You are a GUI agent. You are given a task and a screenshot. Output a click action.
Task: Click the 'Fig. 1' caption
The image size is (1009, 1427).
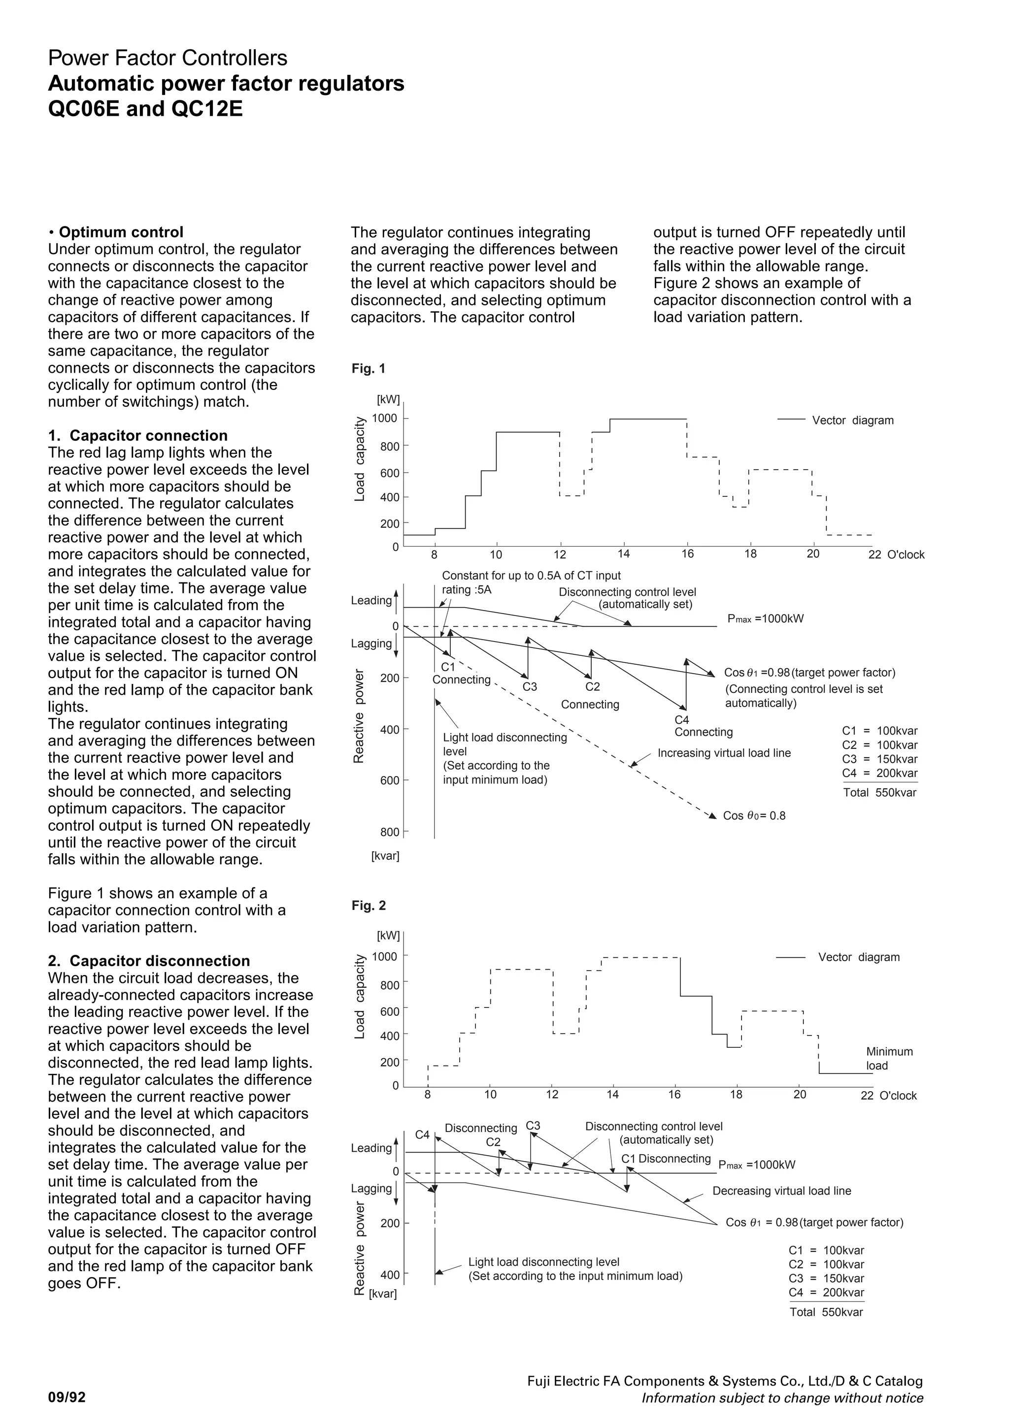tap(368, 368)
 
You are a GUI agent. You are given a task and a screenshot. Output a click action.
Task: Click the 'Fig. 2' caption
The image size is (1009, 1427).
tap(368, 906)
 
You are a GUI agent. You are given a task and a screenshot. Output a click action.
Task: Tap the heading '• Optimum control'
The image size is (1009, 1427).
tap(116, 232)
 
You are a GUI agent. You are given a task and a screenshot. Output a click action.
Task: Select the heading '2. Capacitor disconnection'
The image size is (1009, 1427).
tap(149, 961)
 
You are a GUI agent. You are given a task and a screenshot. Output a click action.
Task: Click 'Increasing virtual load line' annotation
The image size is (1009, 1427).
tap(724, 753)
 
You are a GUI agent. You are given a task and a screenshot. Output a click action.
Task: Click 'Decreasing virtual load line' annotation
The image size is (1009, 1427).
tap(781, 1191)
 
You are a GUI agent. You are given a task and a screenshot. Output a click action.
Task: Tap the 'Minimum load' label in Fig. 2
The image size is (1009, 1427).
tap(889, 1059)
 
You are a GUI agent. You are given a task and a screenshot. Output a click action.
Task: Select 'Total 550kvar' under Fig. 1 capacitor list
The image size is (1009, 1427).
tap(879, 792)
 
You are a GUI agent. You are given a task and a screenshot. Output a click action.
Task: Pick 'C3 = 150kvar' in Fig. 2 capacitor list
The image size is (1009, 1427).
tap(826, 1278)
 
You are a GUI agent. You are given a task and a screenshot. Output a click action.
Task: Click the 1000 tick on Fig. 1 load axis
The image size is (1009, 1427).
tap(385, 418)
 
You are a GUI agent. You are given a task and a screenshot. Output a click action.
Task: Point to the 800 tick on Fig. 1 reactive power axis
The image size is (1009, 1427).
tap(390, 832)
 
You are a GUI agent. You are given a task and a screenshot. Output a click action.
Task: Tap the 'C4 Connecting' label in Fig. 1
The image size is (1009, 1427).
tap(703, 726)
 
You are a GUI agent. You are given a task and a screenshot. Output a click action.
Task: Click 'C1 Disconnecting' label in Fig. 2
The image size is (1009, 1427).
tap(665, 1159)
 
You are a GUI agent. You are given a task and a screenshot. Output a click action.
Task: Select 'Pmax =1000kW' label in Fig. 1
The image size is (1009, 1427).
tap(765, 619)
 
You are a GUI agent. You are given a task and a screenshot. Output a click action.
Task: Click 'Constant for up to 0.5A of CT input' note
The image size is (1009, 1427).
tap(531, 576)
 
